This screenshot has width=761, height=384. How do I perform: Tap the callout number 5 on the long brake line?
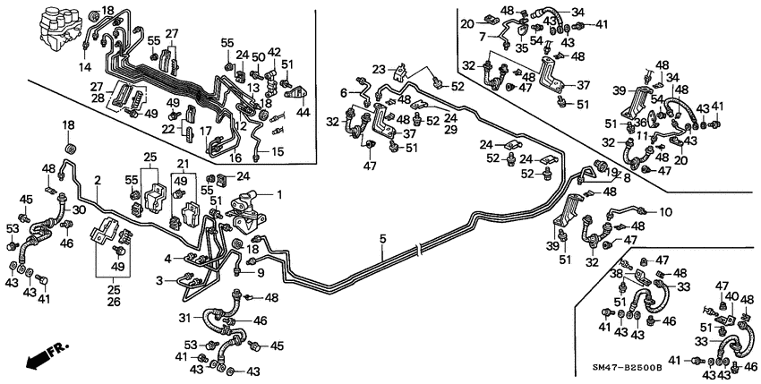(382, 239)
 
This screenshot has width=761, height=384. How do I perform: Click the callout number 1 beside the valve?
(278, 194)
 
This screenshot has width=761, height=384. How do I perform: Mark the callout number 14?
(87, 67)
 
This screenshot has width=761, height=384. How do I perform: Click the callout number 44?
(304, 114)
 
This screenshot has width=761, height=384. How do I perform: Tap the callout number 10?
(666, 212)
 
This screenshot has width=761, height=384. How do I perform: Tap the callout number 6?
(343, 92)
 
